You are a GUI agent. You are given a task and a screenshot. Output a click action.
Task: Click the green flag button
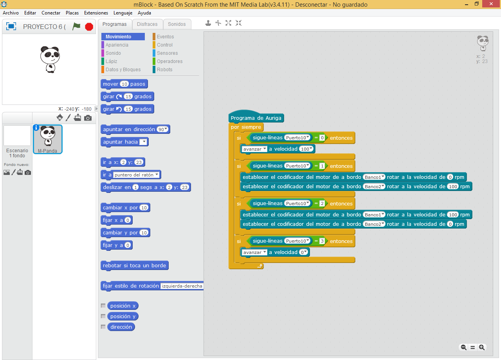76,26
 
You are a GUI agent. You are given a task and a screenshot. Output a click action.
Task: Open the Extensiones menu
96,13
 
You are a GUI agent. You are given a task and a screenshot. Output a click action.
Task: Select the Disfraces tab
147,24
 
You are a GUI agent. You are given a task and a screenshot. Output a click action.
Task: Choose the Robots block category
164,70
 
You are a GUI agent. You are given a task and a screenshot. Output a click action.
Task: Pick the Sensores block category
167,53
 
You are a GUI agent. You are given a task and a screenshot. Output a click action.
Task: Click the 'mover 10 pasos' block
124,84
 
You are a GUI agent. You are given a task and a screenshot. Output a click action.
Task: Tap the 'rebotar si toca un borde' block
134,266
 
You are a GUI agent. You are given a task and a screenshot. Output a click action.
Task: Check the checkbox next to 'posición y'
103,316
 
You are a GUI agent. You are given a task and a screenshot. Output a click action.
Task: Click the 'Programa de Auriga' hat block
256,118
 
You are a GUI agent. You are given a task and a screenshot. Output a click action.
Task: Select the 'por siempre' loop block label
246,127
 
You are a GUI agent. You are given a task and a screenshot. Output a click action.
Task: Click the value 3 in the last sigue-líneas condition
322,241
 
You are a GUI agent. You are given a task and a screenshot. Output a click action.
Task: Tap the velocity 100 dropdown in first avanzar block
306,149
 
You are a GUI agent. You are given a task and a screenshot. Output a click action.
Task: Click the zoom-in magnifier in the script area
482,347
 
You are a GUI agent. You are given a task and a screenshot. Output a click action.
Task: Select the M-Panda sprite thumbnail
48,139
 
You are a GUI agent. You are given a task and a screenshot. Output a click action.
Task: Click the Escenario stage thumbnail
17,136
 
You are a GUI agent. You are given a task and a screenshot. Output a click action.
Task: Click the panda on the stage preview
50,59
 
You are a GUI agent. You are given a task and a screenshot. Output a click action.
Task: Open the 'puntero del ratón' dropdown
137,175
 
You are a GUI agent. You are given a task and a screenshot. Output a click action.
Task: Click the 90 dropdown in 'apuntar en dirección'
162,130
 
